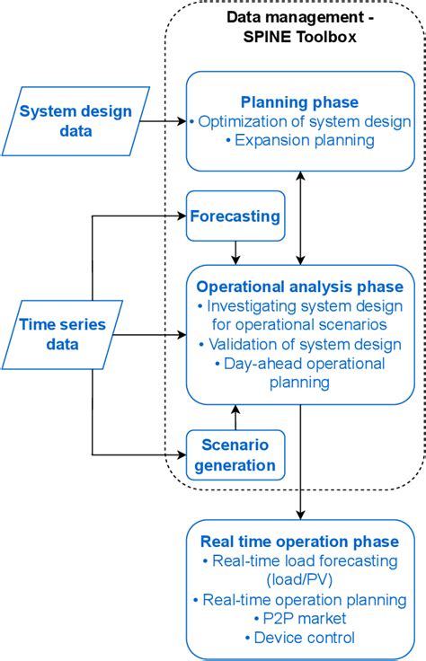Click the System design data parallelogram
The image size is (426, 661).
[76, 123]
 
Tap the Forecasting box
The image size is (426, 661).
[235, 216]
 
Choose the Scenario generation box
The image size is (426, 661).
[235, 454]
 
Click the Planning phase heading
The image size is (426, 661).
[300, 101]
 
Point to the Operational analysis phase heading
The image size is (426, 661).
[300, 287]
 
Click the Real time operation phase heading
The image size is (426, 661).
[299, 542]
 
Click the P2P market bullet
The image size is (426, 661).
[299, 619]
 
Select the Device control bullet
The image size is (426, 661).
[299, 638]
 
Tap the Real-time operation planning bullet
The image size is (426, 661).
[299, 599]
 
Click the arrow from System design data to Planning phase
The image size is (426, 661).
[166, 123]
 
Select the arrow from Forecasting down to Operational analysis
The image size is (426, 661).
[235, 252]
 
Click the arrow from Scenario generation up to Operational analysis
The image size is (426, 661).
[235, 417]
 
